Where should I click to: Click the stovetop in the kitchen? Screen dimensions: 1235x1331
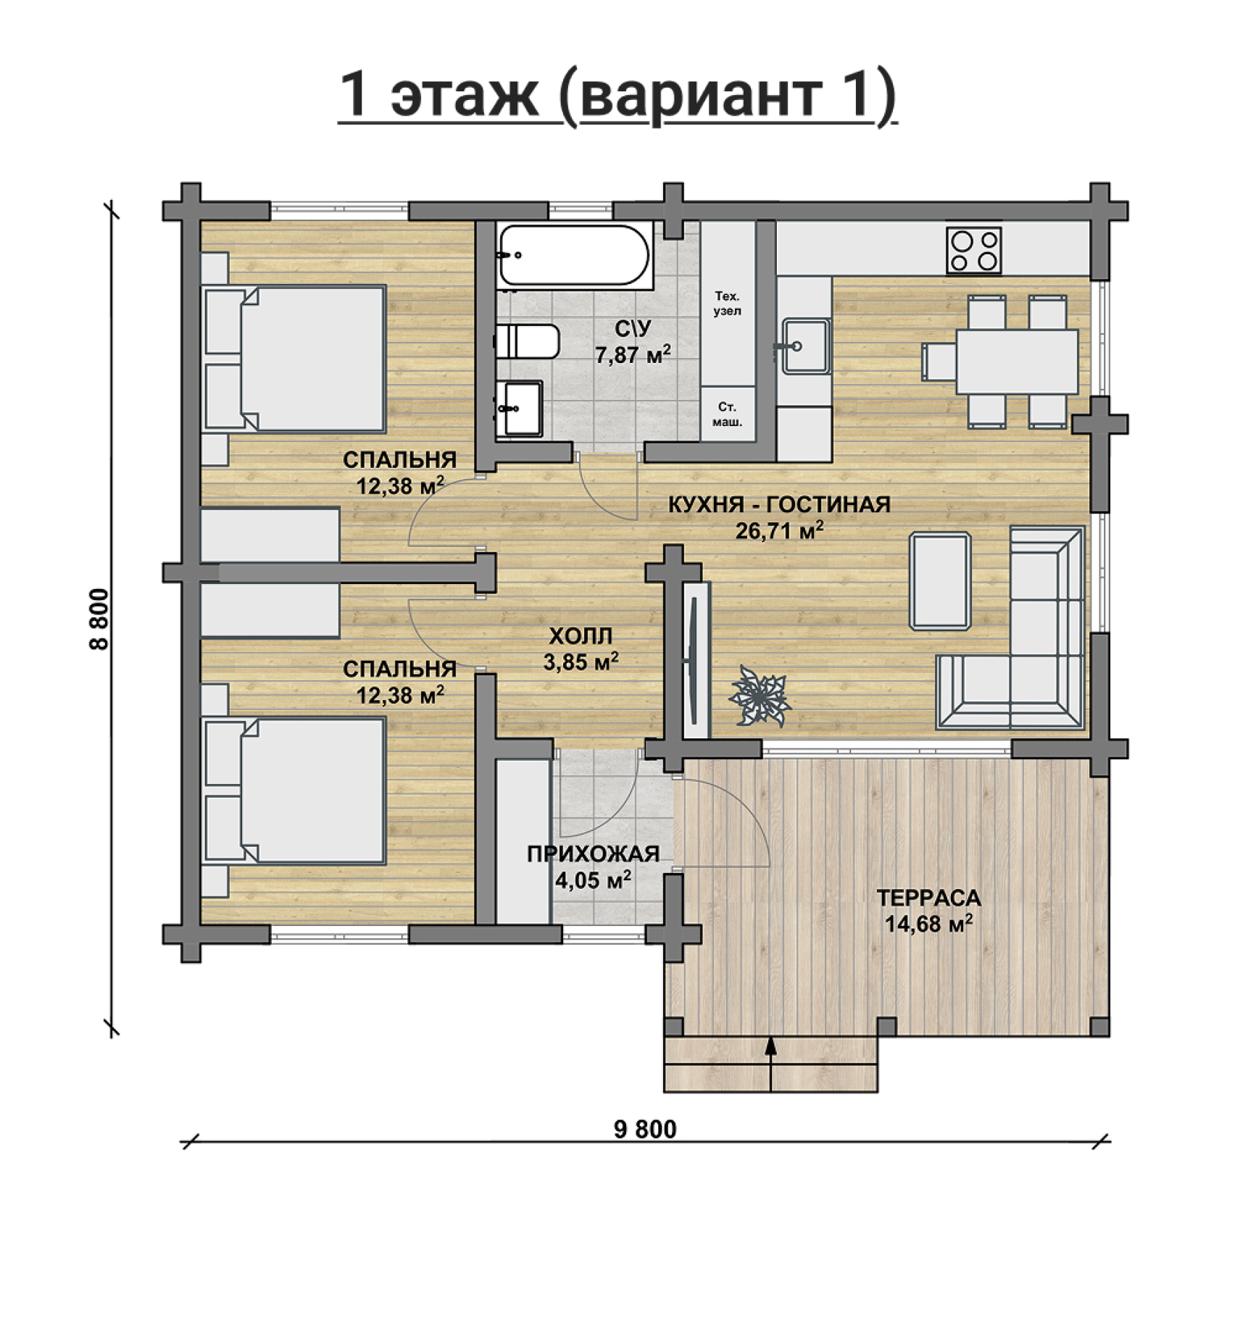point(973,250)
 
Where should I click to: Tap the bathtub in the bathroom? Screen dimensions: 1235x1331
point(575,255)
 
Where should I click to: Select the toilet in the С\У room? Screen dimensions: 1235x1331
point(527,341)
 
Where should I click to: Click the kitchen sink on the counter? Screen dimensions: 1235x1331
point(804,346)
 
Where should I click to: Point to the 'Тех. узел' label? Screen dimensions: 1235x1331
point(727,304)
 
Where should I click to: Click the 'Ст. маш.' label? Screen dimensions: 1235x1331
point(727,414)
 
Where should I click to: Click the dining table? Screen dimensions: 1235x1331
point(1017,362)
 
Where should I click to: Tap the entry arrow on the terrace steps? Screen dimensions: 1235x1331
point(770,1064)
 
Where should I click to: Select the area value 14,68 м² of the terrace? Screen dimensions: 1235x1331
point(928,925)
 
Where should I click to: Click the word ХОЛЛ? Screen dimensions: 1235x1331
point(581,636)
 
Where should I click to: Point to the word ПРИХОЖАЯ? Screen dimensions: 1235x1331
point(593,854)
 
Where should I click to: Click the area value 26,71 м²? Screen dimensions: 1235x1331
point(780,531)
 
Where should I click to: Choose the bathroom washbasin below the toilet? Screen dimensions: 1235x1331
point(520,409)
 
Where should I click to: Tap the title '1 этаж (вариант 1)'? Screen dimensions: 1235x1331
point(617,95)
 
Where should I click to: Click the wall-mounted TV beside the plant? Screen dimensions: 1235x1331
point(694,660)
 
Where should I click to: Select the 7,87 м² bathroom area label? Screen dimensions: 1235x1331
point(633,355)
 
